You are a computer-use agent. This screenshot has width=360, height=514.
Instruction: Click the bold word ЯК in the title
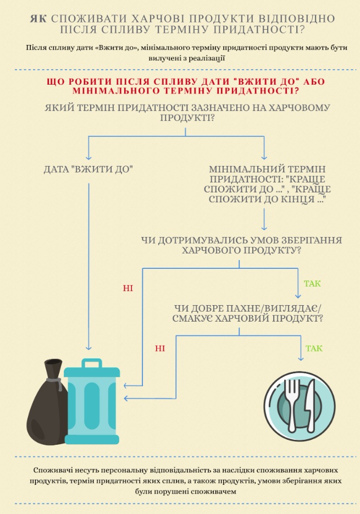pos(38,18)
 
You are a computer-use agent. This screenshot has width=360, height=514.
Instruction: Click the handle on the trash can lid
pos(91,363)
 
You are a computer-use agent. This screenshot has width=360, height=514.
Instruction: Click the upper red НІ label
pos(128,289)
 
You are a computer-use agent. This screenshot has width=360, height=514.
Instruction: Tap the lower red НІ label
pos(160,349)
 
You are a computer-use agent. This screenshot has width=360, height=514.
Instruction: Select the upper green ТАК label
pos(312,284)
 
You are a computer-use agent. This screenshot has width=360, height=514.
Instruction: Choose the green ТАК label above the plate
pos(314,349)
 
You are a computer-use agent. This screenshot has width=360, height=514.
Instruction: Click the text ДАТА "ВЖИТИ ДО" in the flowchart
pos(88,169)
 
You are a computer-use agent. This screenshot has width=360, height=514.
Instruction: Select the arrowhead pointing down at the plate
pos(301,358)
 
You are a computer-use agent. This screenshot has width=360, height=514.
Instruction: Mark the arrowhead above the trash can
pos(88,347)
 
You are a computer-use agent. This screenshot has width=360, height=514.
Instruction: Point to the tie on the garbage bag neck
pos(54,382)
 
